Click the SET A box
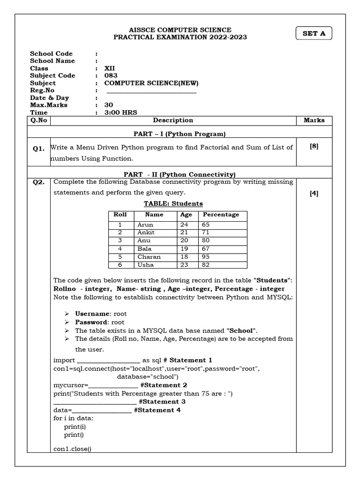tap(314, 34)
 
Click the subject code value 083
tap(111, 75)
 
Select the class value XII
tap(110, 68)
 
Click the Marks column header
tap(314, 120)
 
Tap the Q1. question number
tap(38, 149)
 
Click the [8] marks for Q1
tap(314, 146)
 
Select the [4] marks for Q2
tap(314, 194)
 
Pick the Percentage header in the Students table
tap(221, 215)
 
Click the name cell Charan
tap(149, 257)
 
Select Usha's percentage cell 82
tap(206, 265)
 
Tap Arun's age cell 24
tap(184, 225)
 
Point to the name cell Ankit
tap(145, 232)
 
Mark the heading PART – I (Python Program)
tap(173, 134)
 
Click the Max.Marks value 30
tap(109, 105)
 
